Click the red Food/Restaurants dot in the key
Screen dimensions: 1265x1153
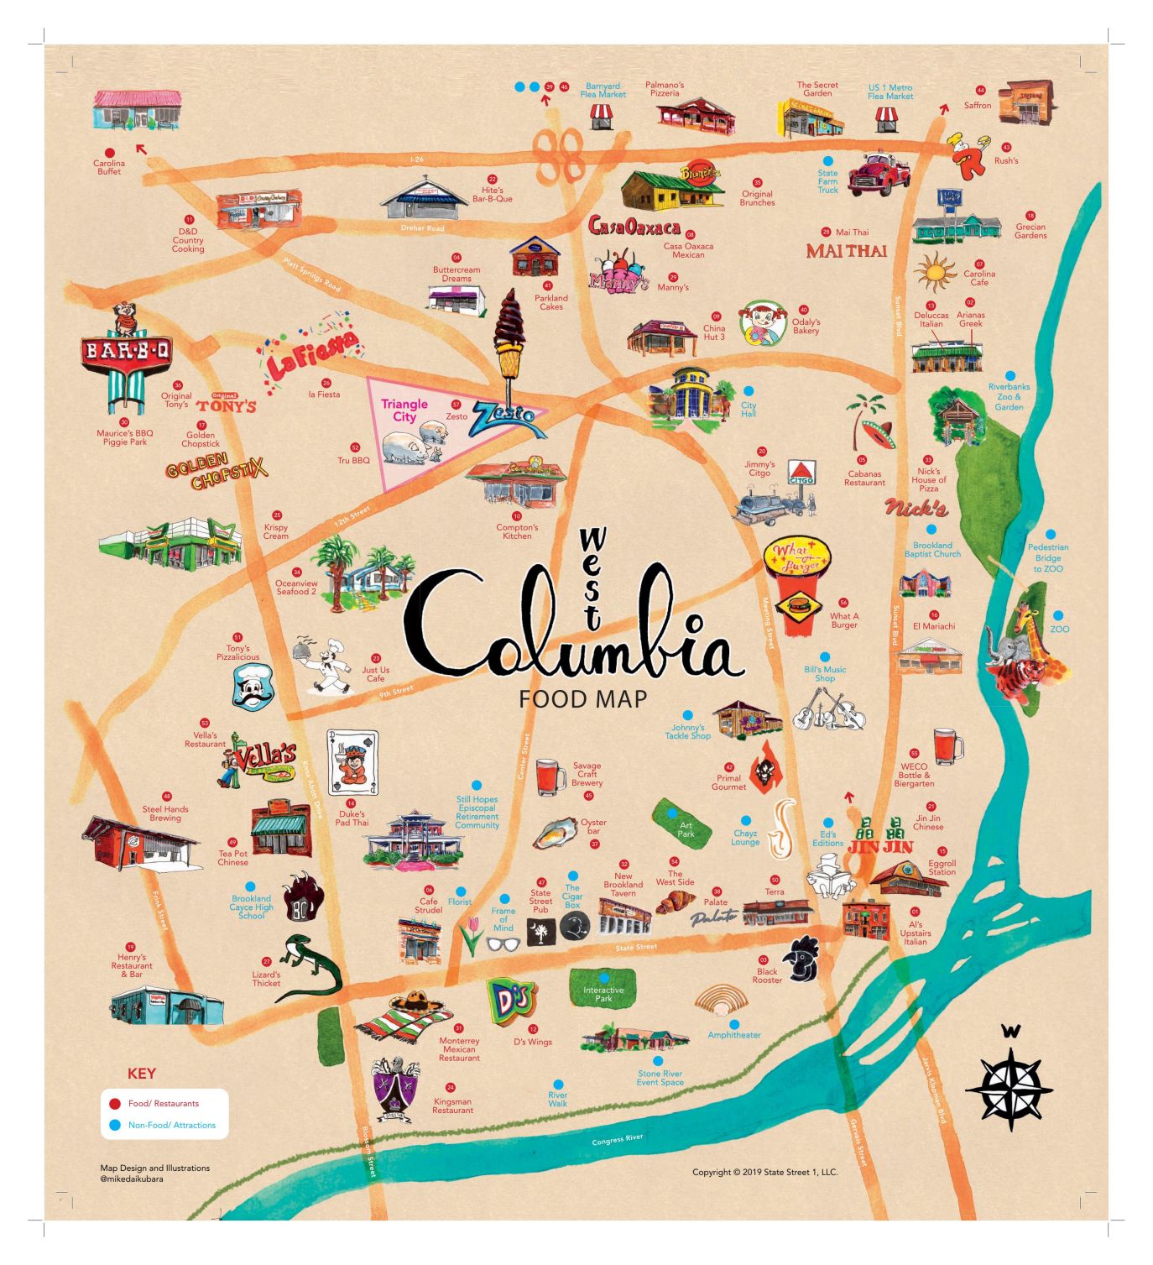pyautogui.click(x=115, y=1103)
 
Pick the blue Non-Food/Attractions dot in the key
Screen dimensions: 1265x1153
pyautogui.click(x=115, y=1125)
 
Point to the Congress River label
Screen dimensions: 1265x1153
pyautogui.click(x=617, y=1140)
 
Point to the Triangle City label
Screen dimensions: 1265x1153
pyautogui.click(x=404, y=410)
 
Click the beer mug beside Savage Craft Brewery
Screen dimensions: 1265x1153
pyautogui.click(x=550, y=776)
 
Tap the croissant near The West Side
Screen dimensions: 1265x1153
pyautogui.click(x=676, y=900)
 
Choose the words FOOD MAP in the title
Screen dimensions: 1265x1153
pyautogui.click(x=582, y=698)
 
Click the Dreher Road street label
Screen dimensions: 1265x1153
pyautogui.click(x=422, y=228)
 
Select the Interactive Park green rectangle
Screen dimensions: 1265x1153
pyautogui.click(x=603, y=990)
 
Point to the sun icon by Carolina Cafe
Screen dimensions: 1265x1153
pyautogui.click(x=934, y=272)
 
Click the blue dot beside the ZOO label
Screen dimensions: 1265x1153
pyautogui.click(x=1058, y=615)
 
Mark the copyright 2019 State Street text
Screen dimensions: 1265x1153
pyautogui.click(x=764, y=1172)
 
